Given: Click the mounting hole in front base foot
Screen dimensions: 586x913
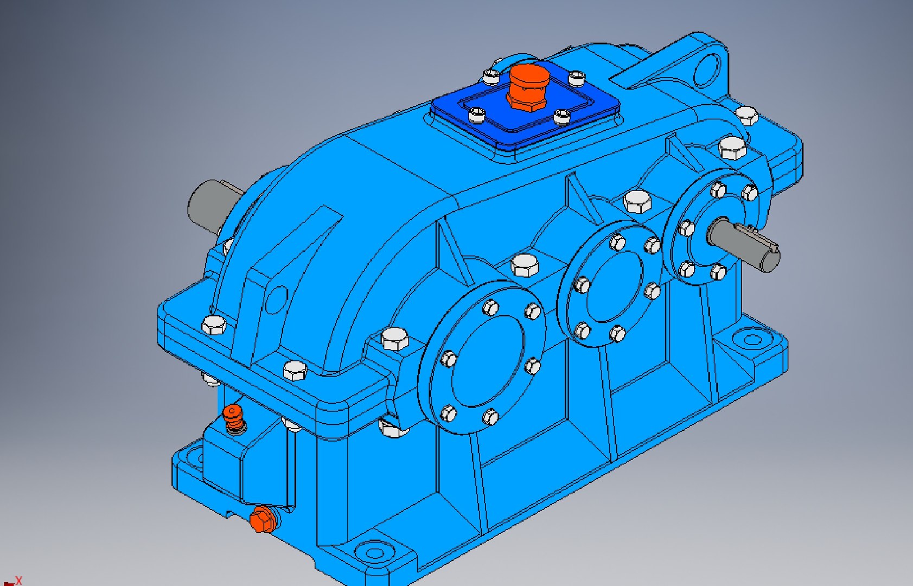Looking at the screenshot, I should click(374, 553).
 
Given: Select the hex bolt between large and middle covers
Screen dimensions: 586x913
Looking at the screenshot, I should click(525, 265).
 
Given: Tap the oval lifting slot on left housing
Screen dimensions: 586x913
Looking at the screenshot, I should click(277, 298).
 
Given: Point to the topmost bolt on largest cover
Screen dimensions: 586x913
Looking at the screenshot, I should click(490, 308).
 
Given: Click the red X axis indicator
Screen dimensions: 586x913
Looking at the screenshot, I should click(18, 581).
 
